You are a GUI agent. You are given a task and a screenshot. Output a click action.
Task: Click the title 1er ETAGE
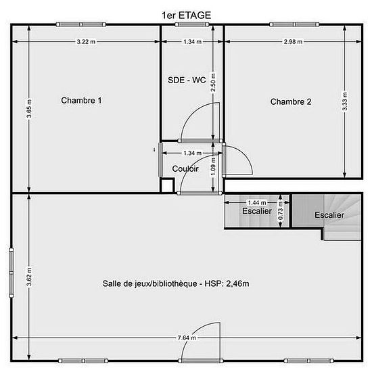(x=186, y=16)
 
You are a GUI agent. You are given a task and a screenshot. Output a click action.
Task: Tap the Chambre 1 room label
(x=81, y=100)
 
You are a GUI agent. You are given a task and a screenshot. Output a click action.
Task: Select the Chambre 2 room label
(x=291, y=101)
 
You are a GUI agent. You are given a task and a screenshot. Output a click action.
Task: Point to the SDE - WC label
(x=187, y=80)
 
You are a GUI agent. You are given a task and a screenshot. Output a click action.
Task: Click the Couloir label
(x=185, y=168)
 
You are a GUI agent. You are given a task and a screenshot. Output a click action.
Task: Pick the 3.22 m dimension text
(x=86, y=42)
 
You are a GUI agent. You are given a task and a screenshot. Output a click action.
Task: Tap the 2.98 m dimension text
(x=293, y=42)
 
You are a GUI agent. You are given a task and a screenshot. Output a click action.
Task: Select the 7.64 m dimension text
(x=187, y=338)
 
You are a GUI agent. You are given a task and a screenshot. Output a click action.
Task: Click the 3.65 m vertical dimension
(x=29, y=108)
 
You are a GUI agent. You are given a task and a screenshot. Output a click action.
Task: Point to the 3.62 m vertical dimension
(x=29, y=277)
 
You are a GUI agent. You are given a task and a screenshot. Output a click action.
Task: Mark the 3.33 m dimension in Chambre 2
(x=345, y=101)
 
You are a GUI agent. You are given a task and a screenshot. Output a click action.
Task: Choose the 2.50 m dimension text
(x=213, y=83)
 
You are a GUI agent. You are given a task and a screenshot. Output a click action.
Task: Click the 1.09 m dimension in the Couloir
(x=213, y=167)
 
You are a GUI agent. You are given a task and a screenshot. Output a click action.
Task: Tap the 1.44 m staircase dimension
(x=257, y=203)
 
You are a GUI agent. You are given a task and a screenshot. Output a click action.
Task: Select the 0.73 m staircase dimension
(x=280, y=210)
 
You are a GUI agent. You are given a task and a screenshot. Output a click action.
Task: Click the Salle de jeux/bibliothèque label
(x=176, y=283)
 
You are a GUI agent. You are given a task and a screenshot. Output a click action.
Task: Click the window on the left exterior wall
(x=11, y=273)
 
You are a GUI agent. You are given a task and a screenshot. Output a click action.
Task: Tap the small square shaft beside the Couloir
(x=167, y=185)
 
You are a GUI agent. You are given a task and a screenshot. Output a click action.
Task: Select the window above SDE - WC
(x=192, y=24)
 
